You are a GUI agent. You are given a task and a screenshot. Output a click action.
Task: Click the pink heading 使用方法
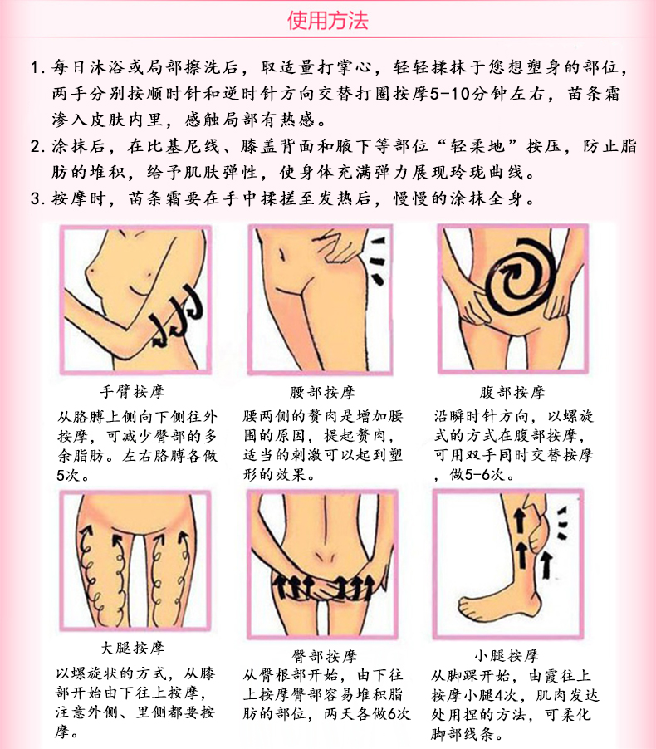(328, 21)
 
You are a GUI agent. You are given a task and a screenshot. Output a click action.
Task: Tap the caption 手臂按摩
(132, 392)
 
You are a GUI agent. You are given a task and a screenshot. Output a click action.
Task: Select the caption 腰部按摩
(322, 392)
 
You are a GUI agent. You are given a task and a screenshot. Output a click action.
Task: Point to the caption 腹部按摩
(512, 392)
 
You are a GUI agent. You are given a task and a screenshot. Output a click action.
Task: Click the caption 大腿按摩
(132, 648)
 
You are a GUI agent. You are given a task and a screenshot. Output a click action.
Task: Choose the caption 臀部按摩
(325, 656)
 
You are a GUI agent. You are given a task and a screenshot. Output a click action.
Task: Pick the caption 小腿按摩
(507, 655)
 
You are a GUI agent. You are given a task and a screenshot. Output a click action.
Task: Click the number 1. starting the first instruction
(37, 68)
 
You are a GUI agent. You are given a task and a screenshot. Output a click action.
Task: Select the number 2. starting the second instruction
(37, 146)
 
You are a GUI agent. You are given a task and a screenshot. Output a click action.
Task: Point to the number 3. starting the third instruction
(37, 198)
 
